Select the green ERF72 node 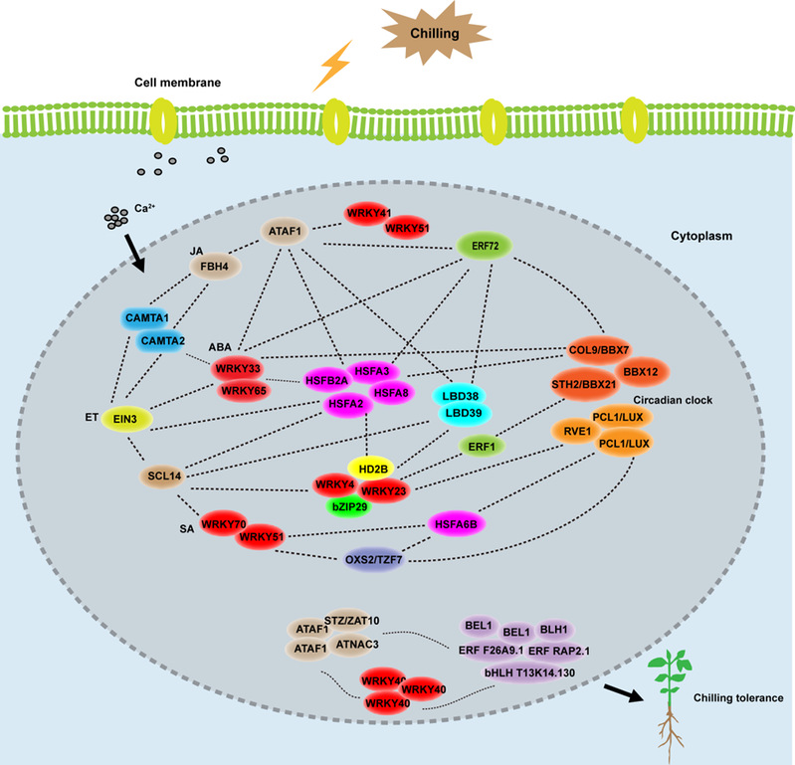click(484, 244)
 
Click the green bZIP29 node click(353, 506)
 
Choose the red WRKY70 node click(224, 522)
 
